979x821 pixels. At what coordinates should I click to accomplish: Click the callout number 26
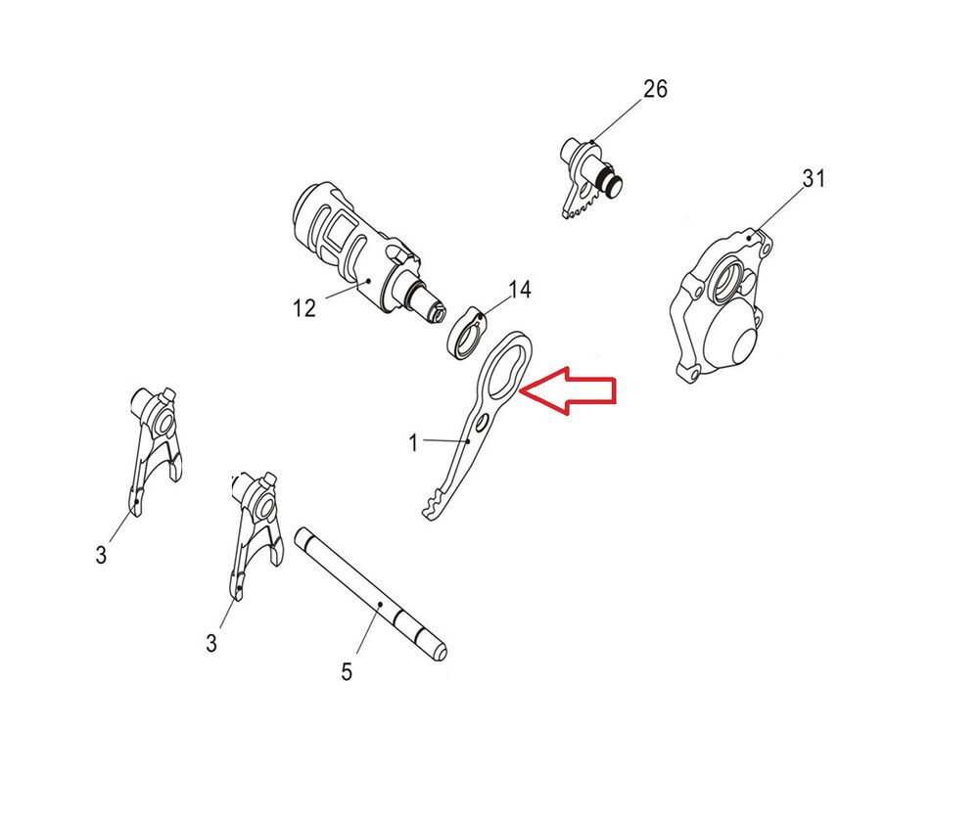655,89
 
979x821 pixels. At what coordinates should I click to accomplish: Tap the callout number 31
814,179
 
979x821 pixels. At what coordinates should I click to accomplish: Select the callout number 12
304,308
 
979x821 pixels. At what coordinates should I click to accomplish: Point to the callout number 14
520,290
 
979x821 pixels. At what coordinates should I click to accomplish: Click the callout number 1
413,443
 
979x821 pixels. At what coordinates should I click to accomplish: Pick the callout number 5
348,672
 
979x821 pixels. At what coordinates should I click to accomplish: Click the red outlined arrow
568,389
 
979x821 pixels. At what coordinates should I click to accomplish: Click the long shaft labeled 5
371,594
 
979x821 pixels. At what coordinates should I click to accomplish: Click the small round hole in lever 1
481,425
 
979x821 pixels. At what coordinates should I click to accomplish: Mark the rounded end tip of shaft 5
441,653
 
